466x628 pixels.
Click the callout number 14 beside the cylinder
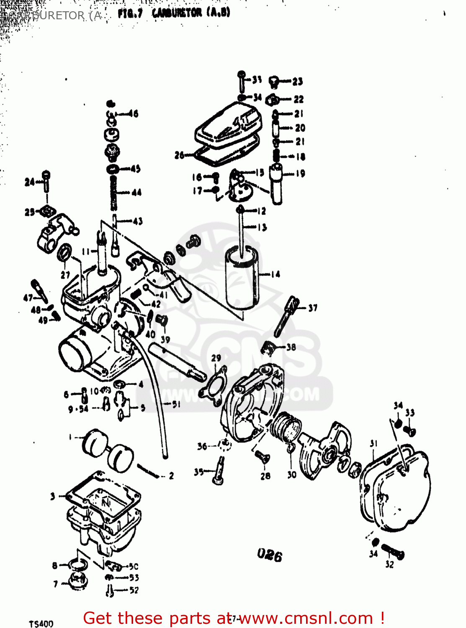click(275, 275)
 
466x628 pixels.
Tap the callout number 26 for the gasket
click(179, 156)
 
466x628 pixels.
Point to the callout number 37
click(312, 308)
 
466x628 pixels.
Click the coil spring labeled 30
click(286, 427)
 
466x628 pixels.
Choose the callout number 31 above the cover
click(374, 443)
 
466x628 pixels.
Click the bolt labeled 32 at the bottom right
click(393, 552)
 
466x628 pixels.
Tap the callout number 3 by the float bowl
click(53, 497)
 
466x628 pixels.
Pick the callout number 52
click(134, 590)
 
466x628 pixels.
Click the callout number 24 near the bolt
click(29, 182)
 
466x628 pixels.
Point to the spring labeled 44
click(113, 192)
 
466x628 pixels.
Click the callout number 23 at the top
click(297, 82)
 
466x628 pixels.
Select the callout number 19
click(300, 173)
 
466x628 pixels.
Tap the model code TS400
click(41, 624)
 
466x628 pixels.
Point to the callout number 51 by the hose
click(176, 404)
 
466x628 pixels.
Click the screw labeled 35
click(219, 472)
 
